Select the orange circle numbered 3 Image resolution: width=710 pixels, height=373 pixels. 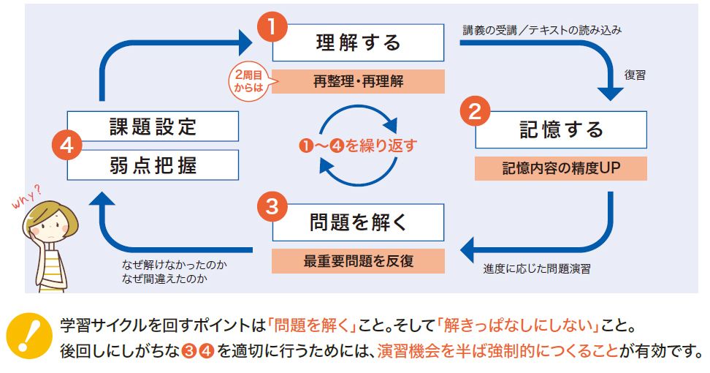271,207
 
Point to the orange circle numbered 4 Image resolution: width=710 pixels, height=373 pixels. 66,145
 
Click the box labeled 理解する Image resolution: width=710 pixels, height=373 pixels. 358,42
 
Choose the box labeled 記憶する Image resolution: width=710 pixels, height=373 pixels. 561,129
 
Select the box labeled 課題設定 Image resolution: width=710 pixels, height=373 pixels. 153,126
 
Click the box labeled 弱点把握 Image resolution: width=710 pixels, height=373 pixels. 153,166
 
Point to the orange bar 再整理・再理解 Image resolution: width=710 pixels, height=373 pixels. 358,81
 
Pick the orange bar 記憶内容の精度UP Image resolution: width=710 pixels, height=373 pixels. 561,167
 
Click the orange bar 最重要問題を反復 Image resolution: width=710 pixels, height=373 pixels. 358,261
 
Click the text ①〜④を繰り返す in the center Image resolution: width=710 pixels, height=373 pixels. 358,146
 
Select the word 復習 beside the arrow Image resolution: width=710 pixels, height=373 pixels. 635,75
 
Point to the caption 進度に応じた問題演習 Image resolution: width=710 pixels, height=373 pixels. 537,268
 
